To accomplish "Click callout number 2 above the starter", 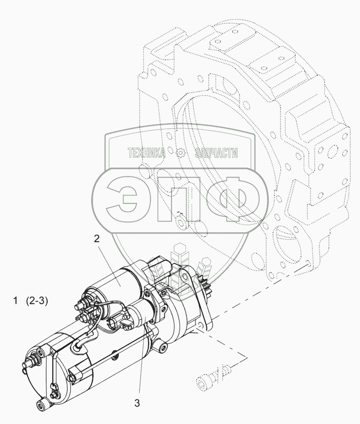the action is pos(97,238).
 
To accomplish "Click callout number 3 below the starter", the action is pos(137,403).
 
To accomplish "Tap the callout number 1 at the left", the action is pos(16,301).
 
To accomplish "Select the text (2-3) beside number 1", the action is pos(37,301).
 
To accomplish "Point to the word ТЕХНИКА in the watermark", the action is pos(147,153).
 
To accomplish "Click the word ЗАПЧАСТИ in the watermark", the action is pos(217,153).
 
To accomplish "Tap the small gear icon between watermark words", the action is pos(180,153).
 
